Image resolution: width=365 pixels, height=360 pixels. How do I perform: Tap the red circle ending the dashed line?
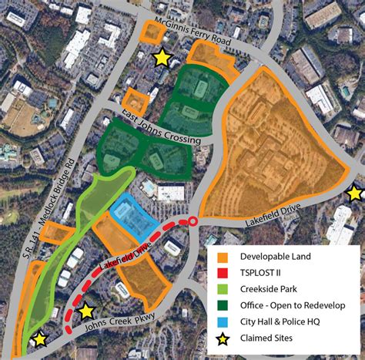tap(193, 222)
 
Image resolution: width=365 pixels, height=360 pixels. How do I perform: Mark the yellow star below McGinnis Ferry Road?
tap(162, 58)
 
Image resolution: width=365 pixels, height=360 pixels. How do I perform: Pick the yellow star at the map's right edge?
tap(355, 193)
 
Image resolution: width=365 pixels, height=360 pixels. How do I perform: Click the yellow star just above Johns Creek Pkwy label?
tap(86, 311)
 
